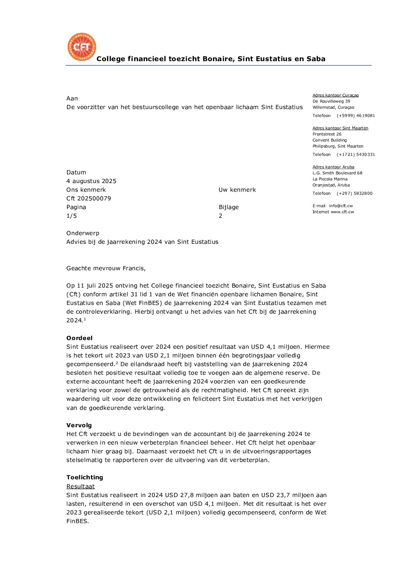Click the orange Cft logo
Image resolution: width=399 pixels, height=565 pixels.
[82, 47]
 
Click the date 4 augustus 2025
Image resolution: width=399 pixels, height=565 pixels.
[91, 181]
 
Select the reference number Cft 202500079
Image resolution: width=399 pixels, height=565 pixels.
[89, 199]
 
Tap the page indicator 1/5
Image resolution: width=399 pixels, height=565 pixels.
[72, 216]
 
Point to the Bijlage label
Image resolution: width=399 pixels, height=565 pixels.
[229, 207]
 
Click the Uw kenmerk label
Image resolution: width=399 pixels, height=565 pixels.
[237, 190]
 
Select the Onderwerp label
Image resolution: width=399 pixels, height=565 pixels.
[83, 233]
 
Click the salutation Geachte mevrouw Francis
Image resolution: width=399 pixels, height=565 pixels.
[106, 268]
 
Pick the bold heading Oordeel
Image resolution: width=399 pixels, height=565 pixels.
[79, 338]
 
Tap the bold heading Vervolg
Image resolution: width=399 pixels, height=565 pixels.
[79, 425]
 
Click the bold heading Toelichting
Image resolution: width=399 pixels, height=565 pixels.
[84, 477]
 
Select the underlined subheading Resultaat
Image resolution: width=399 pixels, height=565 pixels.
[80, 486]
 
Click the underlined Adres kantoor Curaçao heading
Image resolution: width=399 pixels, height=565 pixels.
[336, 95]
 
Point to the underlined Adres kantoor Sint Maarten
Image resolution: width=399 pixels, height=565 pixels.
[340, 128]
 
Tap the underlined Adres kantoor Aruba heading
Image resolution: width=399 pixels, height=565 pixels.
[333, 167]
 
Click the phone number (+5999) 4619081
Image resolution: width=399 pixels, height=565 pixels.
[356, 116]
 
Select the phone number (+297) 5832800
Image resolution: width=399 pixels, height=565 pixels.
[354, 194]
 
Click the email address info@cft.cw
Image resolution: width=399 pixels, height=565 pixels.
[341, 206]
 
